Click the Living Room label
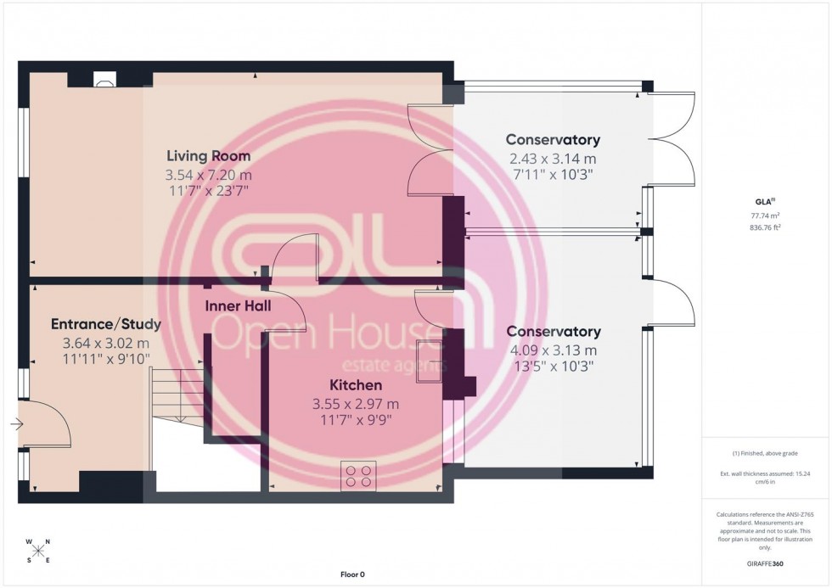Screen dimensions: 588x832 (x=208, y=156)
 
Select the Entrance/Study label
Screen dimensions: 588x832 (x=106, y=324)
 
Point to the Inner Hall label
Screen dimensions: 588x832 (x=239, y=305)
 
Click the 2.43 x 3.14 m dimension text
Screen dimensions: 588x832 (x=552, y=158)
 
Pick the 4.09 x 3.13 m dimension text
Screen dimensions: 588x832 (x=552, y=350)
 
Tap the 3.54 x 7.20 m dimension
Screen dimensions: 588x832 (x=208, y=175)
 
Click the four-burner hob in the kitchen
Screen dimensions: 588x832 (x=358, y=475)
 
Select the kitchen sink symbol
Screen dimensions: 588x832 (x=430, y=361)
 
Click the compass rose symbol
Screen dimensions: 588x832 (x=38, y=551)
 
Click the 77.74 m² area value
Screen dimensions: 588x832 (x=765, y=216)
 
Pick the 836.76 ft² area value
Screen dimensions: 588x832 (x=765, y=227)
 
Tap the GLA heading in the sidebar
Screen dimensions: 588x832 (x=765, y=201)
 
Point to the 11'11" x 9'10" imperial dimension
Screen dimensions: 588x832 (x=106, y=360)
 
